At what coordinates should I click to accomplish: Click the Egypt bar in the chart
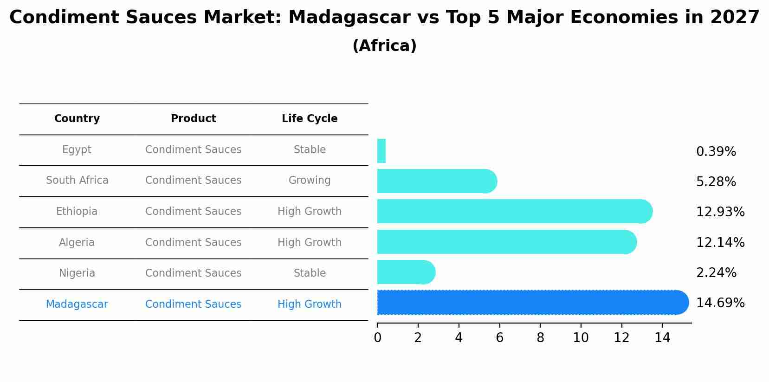coord(381,151)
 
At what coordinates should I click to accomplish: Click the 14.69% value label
coord(720,303)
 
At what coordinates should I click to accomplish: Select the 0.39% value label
coord(716,152)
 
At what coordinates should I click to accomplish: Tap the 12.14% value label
coord(720,242)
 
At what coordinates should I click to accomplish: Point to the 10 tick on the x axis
coord(581,338)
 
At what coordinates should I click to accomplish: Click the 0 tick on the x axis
coord(377,338)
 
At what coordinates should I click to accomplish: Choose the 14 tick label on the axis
coord(662,338)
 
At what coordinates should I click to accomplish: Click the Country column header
coord(77,119)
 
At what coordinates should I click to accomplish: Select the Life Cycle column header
coord(310,119)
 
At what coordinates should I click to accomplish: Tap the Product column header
coord(193,119)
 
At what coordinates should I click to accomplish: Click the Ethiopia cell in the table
coord(77,212)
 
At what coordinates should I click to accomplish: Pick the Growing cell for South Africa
coord(310,181)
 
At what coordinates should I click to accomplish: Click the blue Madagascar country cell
coord(77,304)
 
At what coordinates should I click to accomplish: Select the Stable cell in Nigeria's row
coord(310,273)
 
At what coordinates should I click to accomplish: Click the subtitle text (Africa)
coord(384,46)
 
